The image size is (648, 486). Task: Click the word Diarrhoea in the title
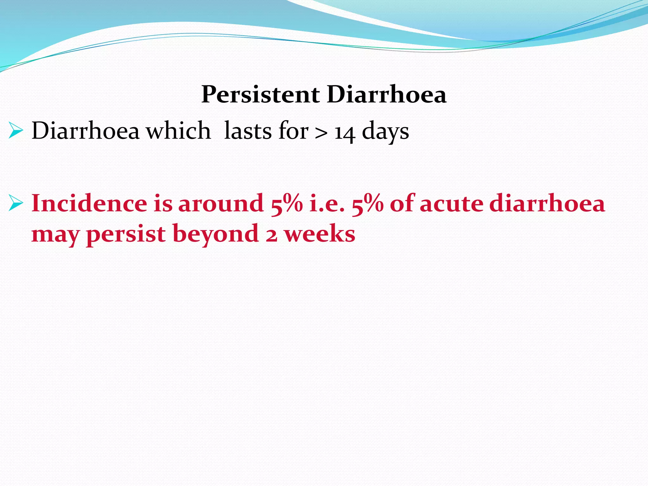[386, 95]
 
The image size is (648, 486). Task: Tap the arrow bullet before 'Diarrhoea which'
[16, 131]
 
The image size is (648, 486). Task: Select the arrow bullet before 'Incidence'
[16, 203]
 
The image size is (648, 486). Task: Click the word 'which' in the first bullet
[179, 131]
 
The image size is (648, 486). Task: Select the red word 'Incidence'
[89, 203]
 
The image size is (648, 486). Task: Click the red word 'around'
[221, 203]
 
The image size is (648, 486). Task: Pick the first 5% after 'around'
[287, 203]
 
